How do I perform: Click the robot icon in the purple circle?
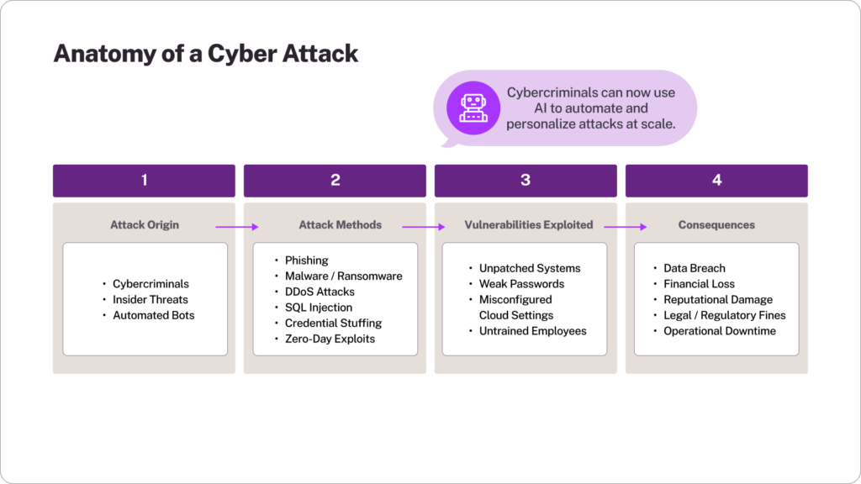pyautogui.click(x=473, y=108)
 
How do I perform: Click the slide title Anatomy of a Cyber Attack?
pyautogui.click(x=206, y=53)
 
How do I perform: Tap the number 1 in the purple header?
pyautogui.click(x=144, y=180)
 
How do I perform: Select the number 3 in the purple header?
pyautogui.click(x=526, y=180)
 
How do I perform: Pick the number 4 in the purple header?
pyautogui.click(x=716, y=180)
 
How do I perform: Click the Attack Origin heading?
pyautogui.click(x=143, y=225)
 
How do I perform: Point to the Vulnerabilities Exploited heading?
pyautogui.click(x=528, y=225)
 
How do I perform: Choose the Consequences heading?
pyautogui.click(x=716, y=225)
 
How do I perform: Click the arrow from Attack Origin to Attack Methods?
pyautogui.click(x=235, y=226)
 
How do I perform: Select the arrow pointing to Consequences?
pyautogui.click(x=625, y=226)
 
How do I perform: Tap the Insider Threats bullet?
pyautogui.click(x=151, y=299)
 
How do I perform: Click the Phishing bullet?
pyautogui.click(x=306, y=260)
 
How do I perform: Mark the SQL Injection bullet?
pyautogui.click(x=319, y=308)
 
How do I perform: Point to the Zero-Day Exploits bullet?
pyautogui.click(x=330, y=339)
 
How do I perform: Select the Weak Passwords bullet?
pyautogui.click(x=521, y=284)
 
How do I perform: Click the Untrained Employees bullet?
pyautogui.click(x=532, y=331)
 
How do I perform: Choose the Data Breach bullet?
pyautogui.click(x=694, y=268)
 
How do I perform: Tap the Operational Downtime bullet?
pyautogui.click(x=719, y=331)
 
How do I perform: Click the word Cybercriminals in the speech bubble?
pyautogui.click(x=549, y=93)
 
